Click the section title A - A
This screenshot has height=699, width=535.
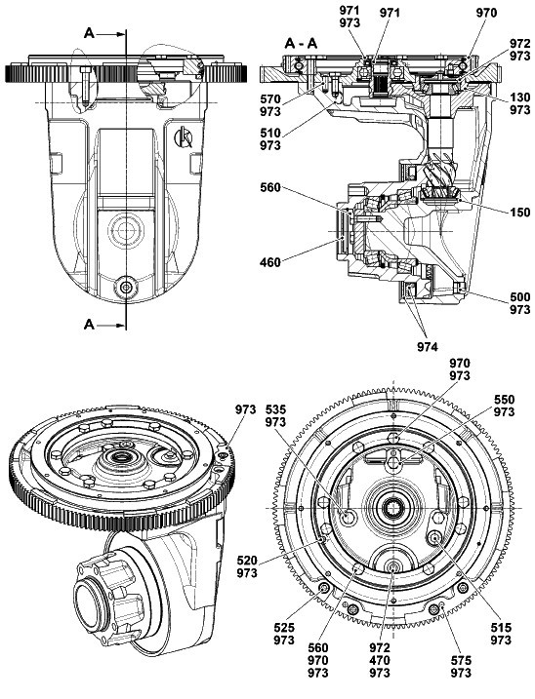301,44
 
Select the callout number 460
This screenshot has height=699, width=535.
270,262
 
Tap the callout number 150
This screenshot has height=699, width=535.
519,213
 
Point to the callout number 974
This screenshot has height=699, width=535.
428,346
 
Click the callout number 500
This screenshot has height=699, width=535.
519,297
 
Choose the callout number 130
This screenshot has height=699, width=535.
519,97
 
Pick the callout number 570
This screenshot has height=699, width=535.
270,99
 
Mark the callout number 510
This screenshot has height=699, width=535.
270,133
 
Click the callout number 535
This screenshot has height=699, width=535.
275,409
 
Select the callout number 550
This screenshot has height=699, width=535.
504,400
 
